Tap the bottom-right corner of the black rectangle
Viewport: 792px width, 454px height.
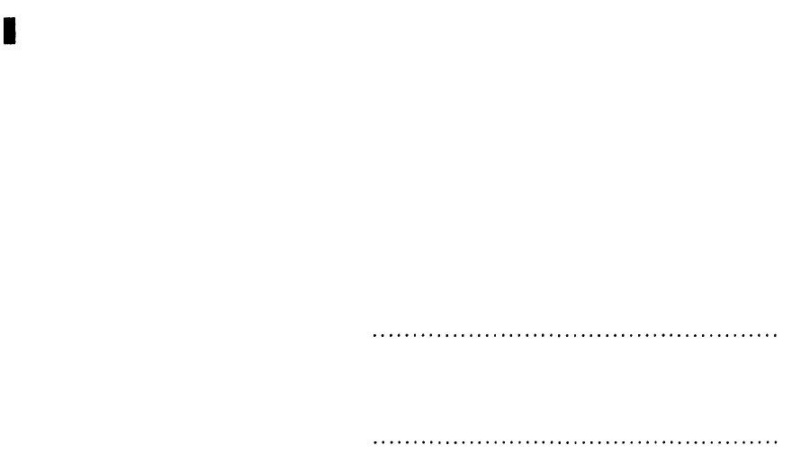click(x=16, y=43)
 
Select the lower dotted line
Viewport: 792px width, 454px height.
click(x=575, y=442)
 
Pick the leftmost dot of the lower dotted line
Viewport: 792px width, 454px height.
click(x=373, y=442)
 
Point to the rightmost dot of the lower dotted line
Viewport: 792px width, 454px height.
click(x=776, y=442)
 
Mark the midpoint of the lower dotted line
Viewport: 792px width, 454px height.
click(x=575, y=442)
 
